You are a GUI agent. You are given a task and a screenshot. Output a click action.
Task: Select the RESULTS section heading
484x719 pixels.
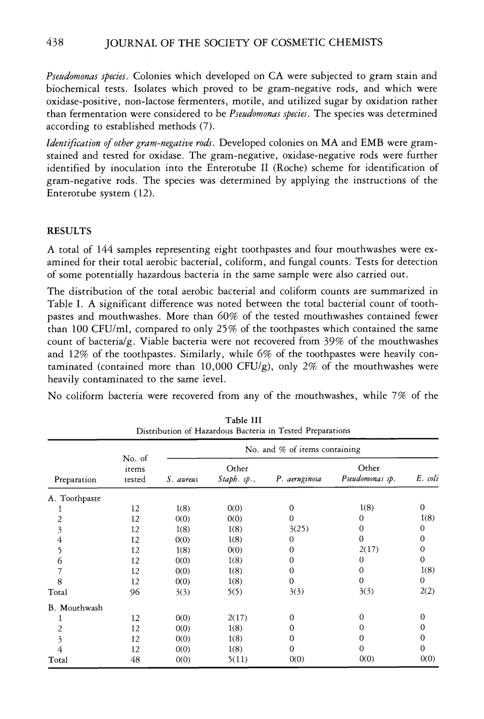69,231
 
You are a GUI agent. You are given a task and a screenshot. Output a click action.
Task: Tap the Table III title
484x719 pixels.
243,420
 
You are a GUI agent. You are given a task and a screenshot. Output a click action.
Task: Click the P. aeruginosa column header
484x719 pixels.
299,479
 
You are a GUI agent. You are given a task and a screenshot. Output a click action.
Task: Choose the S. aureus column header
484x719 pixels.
182,480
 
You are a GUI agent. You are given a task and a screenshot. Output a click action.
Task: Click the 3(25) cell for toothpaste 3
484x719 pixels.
299,529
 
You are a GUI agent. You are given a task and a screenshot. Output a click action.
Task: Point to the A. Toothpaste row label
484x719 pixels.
75,498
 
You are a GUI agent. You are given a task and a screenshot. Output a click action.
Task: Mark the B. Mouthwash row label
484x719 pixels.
75,608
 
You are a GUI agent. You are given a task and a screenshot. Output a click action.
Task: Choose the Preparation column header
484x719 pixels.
75,479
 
